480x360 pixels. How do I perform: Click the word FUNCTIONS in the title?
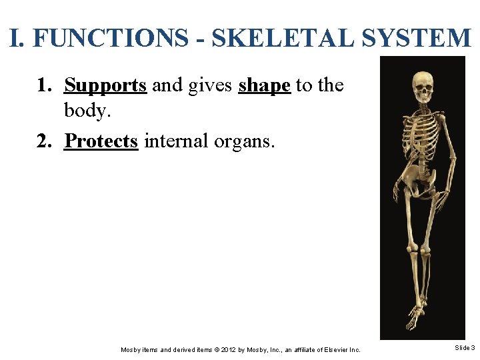tap(110, 38)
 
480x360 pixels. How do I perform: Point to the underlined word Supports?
tap(105, 86)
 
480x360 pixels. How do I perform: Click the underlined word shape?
tap(265, 86)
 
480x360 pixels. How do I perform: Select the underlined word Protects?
tap(101, 141)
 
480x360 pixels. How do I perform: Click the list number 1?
tap(44, 86)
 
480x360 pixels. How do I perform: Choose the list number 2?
tap(44, 141)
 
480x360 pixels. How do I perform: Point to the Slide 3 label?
tap(464, 348)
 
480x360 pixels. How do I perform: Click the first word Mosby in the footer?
tap(131, 349)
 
